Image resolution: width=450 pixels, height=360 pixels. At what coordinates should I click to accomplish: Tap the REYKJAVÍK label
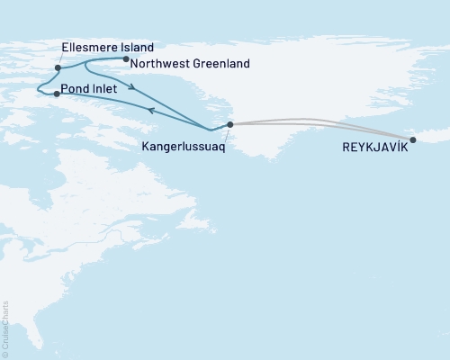click(x=374, y=147)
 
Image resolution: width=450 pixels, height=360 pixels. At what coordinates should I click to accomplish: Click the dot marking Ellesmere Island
click(x=58, y=67)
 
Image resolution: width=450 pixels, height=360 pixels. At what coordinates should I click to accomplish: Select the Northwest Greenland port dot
click(x=125, y=59)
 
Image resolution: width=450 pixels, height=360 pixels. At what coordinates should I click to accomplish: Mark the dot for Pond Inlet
click(x=57, y=94)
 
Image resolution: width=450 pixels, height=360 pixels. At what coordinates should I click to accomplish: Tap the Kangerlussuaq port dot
click(x=230, y=125)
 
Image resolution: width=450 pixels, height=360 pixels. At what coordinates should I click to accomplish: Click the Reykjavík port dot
click(x=413, y=139)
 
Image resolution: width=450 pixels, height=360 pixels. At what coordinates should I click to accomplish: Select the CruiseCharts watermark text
click(x=6, y=323)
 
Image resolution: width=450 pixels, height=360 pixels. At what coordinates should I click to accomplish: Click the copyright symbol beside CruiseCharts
click(x=6, y=353)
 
